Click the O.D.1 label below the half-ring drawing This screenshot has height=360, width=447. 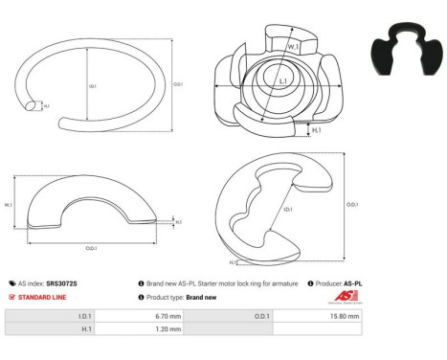[92, 248]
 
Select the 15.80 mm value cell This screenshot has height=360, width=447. [345, 315]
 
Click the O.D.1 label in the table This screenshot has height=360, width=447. [260, 315]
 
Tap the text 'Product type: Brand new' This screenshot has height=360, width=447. [180, 297]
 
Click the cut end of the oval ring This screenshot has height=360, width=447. [34, 105]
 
